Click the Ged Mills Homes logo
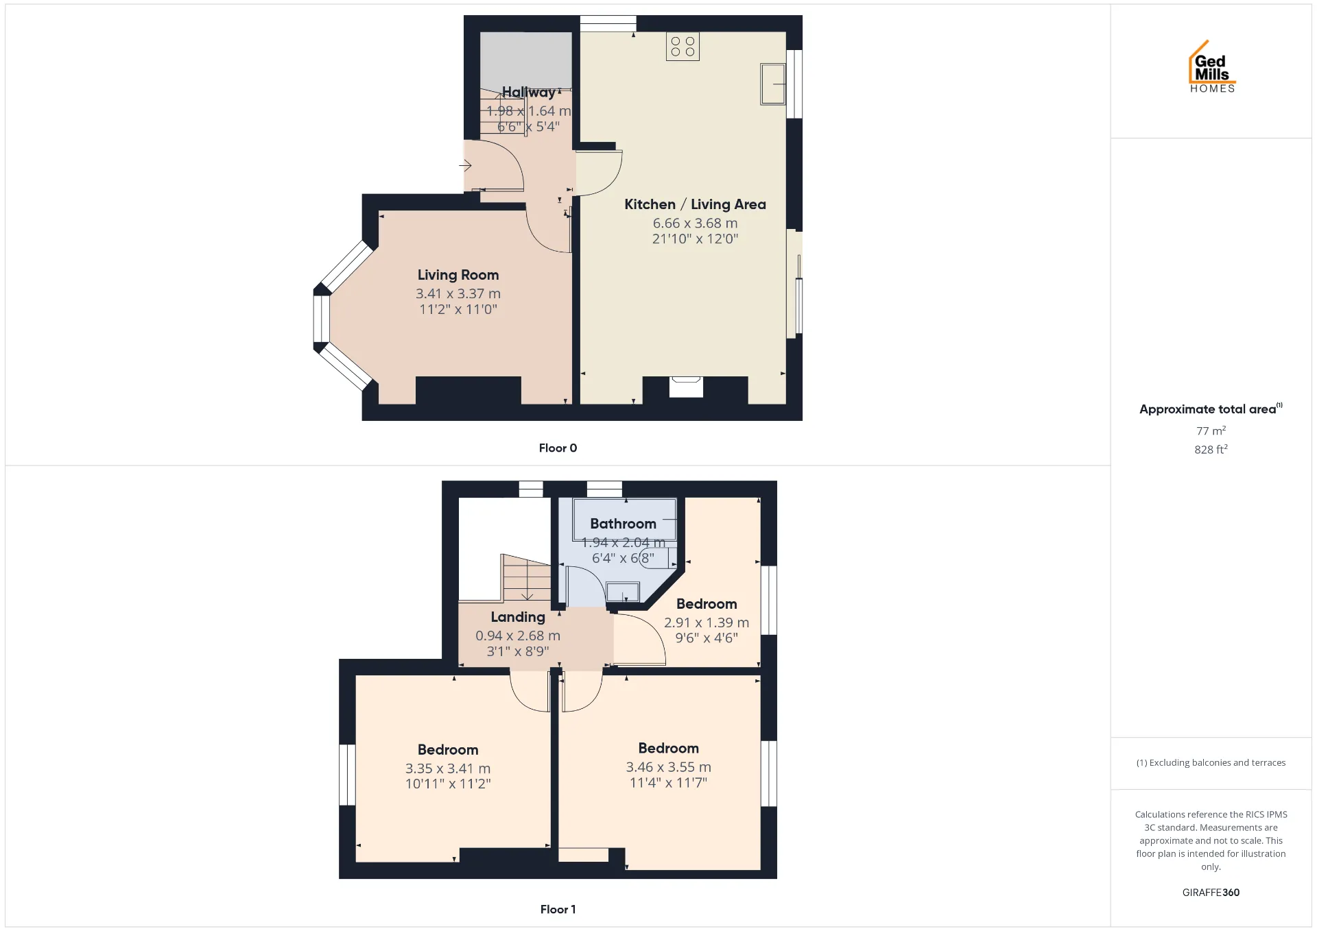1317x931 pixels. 1212,66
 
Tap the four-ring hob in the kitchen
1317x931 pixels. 683,47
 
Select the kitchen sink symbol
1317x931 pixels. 773,84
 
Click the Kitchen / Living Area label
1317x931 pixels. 695,204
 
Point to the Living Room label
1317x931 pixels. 458,275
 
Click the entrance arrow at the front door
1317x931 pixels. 466,165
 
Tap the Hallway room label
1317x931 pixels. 529,92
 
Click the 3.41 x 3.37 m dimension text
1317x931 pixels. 458,293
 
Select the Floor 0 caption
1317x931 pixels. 558,448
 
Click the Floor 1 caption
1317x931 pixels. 558,909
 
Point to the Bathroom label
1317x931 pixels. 623,524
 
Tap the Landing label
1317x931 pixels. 518,617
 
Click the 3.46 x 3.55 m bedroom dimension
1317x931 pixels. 668,767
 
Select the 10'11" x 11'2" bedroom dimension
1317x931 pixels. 448,784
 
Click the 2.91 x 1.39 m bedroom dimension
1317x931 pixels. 707,622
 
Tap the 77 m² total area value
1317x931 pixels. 1211,431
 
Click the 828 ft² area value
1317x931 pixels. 1211,449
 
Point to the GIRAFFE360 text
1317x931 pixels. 1211,893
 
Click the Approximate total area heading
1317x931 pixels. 1211,409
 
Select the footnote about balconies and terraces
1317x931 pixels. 1211,762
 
